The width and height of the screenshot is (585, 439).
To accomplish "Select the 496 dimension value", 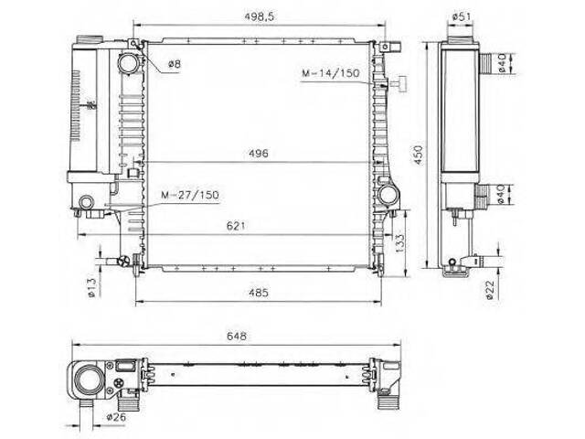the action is (259, 154).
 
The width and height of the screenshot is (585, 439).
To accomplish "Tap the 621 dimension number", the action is (236, 226).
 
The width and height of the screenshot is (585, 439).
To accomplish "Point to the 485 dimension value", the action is (259, 293).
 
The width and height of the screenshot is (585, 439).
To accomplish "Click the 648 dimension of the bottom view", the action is (237, 336).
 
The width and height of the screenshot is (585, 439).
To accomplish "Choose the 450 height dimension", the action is (419, 155).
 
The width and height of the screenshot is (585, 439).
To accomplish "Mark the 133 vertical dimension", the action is (399, 243).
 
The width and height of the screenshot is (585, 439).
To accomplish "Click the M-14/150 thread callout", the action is (331, 73).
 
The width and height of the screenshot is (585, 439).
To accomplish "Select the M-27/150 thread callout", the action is (190, 195).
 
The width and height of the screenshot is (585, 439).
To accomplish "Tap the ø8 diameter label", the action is (175, 64).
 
